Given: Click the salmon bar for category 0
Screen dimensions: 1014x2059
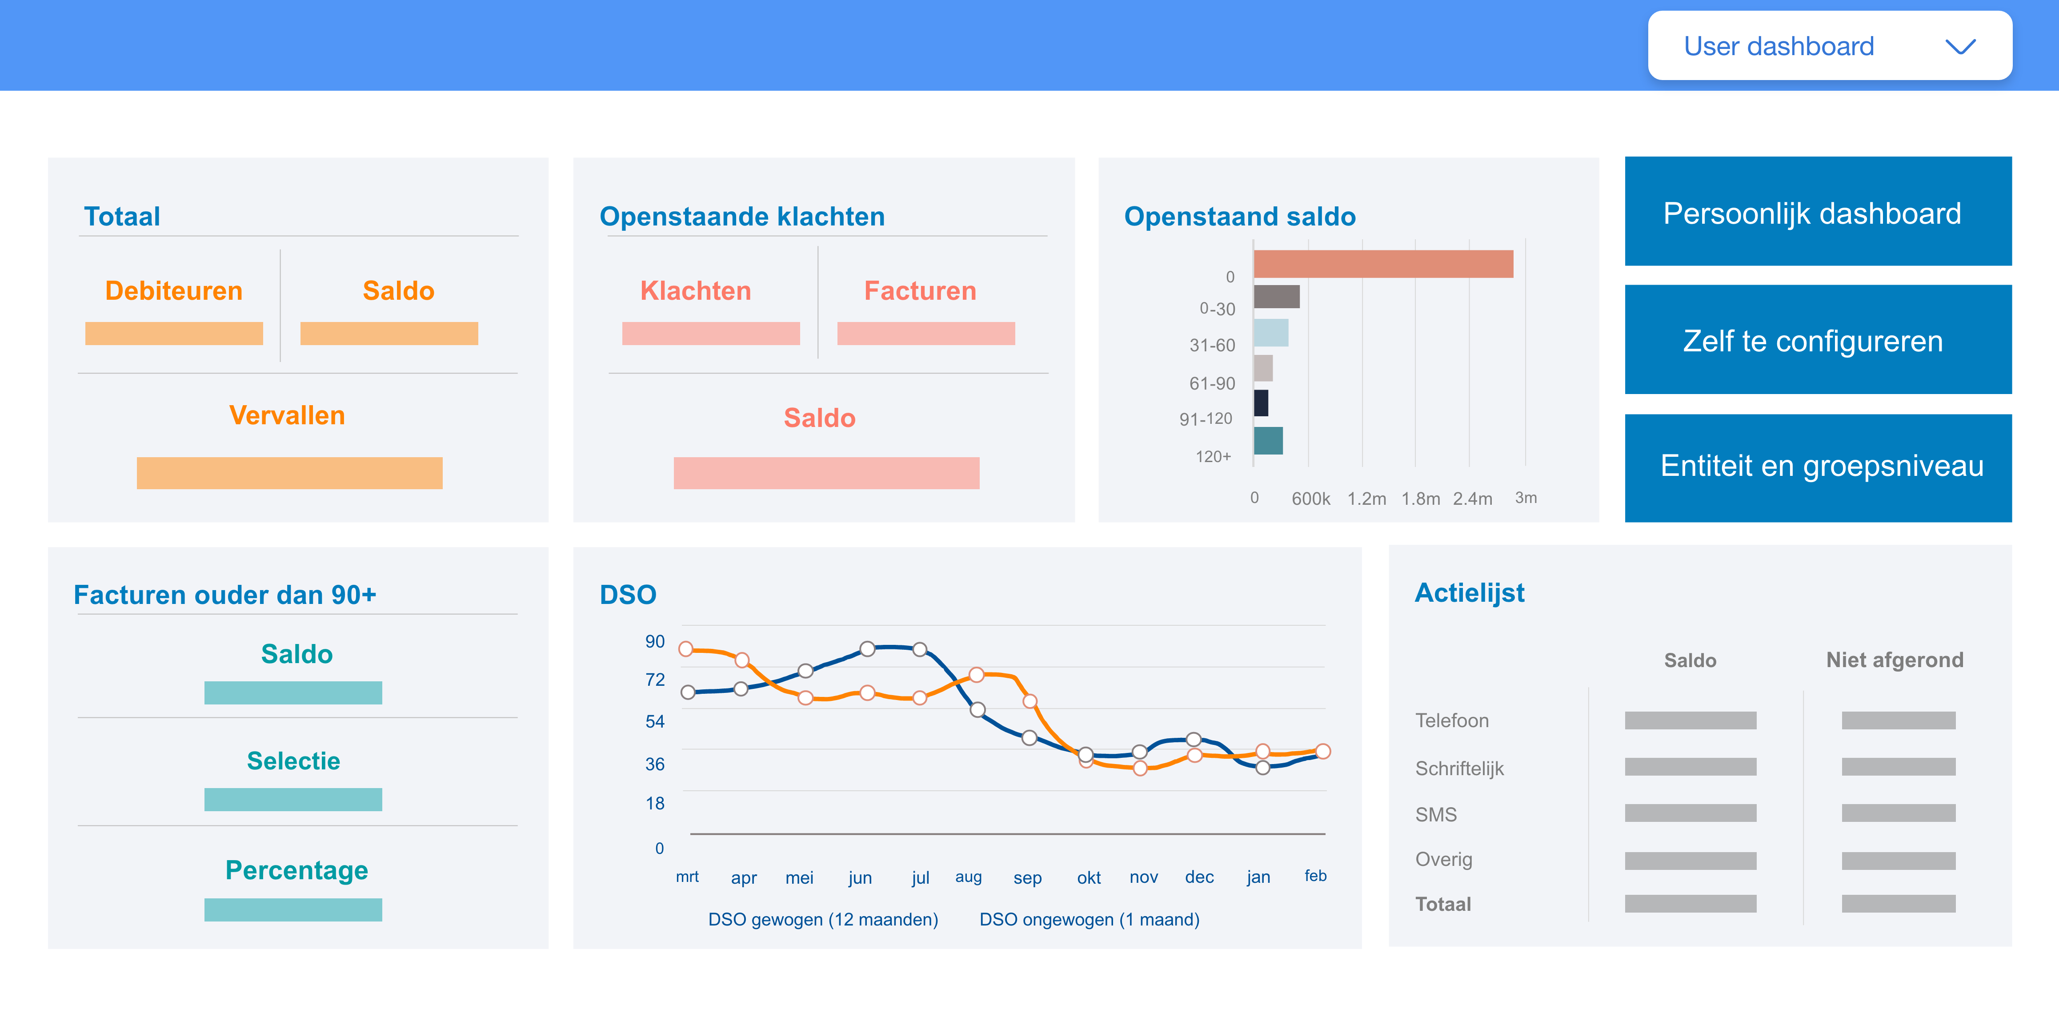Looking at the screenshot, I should coord(1383,264).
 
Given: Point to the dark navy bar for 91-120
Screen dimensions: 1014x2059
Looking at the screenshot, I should coord(1261,403).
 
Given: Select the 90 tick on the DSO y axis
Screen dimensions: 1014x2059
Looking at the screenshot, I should coord(655,641).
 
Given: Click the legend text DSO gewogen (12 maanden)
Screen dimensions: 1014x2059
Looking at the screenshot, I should coord(822,920).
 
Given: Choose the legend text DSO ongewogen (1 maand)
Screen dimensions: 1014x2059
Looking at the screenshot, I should coord(1089,920).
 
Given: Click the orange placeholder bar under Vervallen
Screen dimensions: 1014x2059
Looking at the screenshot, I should coord(289,473).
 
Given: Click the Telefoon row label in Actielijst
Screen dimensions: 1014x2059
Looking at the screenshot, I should coord(1451,720).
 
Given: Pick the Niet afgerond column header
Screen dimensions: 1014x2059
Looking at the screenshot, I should coord(1895,660).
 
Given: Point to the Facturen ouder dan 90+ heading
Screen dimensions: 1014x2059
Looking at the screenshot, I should coord(224,595).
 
